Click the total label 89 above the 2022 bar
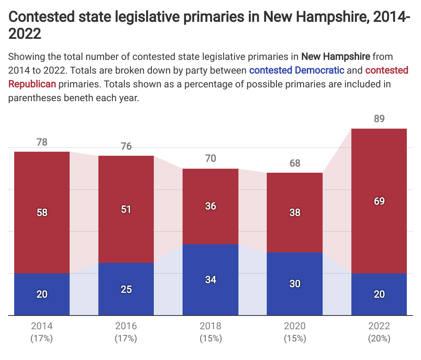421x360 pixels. (379, 119)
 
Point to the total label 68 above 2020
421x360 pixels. (295, 163)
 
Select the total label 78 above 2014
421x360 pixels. (42, 142)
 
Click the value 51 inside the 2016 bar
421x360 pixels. (126, 210)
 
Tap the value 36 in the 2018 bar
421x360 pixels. (210, 206)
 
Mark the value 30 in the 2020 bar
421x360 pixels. (295, 284)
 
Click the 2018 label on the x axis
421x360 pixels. (210, 326)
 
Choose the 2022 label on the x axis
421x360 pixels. (379, 326)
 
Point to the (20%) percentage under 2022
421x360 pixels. (379, 339)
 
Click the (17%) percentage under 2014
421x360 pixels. (42, 339)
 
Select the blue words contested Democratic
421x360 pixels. (297, 70)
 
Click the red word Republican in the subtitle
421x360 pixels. (32, 85)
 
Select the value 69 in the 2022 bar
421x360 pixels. (379, 201)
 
